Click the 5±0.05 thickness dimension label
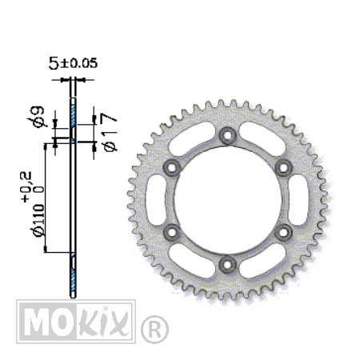pos(73,63)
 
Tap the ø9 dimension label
pos(36,118)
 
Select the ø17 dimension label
pos(109,133)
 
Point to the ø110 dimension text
pos(38,220)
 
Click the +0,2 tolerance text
pos(26,186)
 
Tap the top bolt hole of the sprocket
pos(227,135)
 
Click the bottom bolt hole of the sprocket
pos(227,265)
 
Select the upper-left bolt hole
pos(171,168)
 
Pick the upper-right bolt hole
pos(283,168)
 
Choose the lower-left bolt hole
pos(171,232)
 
